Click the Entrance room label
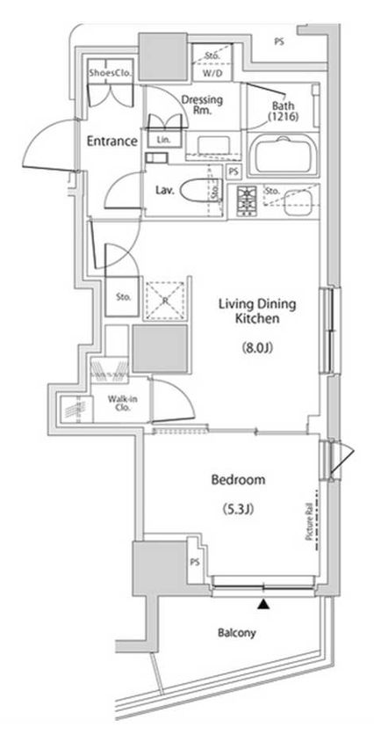coord(111,141)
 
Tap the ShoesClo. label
coord(109,73)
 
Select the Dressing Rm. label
coord(202,105)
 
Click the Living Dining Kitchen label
coord(257,312)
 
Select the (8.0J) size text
coord(258,348)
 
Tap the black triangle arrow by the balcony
coord(262,604)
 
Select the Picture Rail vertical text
coord(310,522)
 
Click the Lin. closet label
coord(163,140)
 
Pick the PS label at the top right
coord(278,41)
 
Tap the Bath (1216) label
coord(283,109)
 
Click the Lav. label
coord(164,189)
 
